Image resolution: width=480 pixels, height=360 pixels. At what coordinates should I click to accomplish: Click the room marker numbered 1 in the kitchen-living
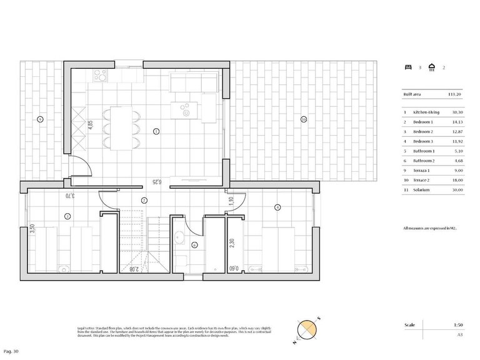tap(156, 131)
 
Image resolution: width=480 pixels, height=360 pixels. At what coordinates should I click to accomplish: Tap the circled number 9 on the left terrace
tap(39, 119)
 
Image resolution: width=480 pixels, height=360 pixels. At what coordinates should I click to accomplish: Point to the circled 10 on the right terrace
tap(304, 119)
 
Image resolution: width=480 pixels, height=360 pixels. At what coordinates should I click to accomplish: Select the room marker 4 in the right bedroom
tap(277, 207)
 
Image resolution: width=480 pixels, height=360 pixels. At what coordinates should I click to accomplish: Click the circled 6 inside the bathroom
tap(194, 246)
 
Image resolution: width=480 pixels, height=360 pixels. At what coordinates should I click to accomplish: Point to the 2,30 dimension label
tap(232, 244)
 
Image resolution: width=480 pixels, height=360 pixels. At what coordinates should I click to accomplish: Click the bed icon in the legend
tap(408, 67)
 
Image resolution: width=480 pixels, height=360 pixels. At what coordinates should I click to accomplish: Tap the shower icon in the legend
tap(431, 67)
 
